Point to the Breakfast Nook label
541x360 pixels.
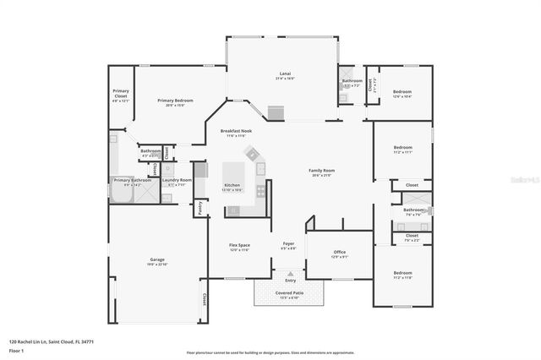point(236,132)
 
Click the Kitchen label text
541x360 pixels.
point(232,186)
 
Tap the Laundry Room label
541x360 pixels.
point(177,179)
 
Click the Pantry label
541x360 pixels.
point(199,205)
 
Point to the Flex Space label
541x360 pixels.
point(239,246)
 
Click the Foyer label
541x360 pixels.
point(288,244)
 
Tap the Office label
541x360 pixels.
point(339,252)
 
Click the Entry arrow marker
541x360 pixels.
point(289,275)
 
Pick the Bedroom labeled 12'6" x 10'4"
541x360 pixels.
point(402,92)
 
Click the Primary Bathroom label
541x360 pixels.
point(133,180)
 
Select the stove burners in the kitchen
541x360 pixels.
point(261,191)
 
